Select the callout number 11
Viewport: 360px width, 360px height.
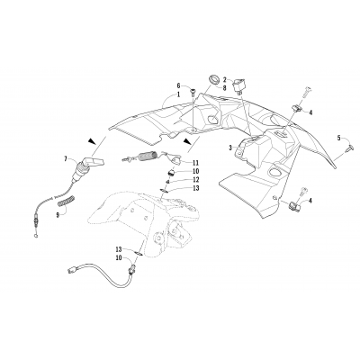[x=195, y=163]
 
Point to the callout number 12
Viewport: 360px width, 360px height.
[x=195, y=180]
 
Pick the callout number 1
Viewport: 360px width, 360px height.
[x=178, y=94]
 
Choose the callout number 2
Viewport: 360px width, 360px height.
[x=225, y=79]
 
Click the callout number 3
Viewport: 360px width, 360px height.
[x=230, y=147]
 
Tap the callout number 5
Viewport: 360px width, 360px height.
[x=340, y=138]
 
